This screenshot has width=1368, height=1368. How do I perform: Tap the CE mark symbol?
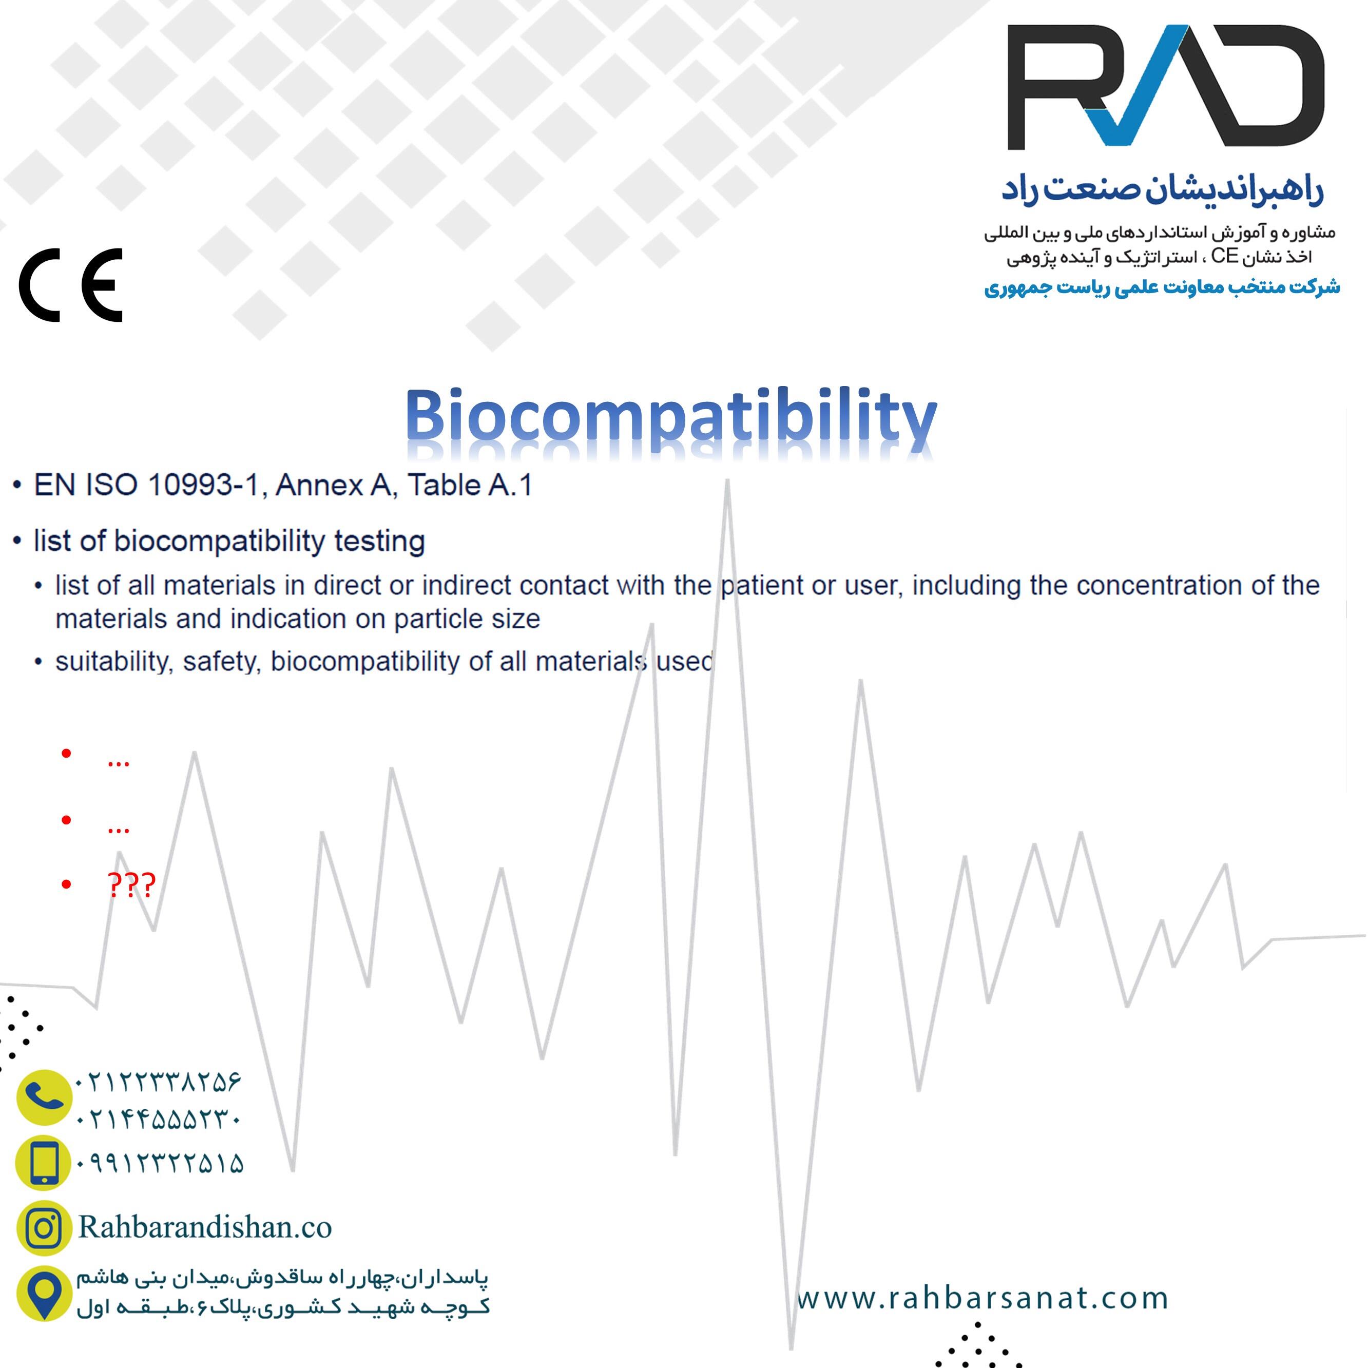pyautogui.click(x=71, y=285)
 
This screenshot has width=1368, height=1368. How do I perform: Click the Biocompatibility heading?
pyautogui.click(x=671, y=418)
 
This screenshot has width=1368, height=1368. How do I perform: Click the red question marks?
pyautogui.click(x=131, y=884)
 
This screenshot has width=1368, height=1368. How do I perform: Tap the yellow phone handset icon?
pyautogui.click(x=44, y=1097)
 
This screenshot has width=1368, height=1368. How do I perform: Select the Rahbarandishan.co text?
pyautogui.click(x=205, y=1227)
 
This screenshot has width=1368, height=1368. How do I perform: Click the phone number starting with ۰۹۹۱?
pyautogui.click(x=159, y=1163)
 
